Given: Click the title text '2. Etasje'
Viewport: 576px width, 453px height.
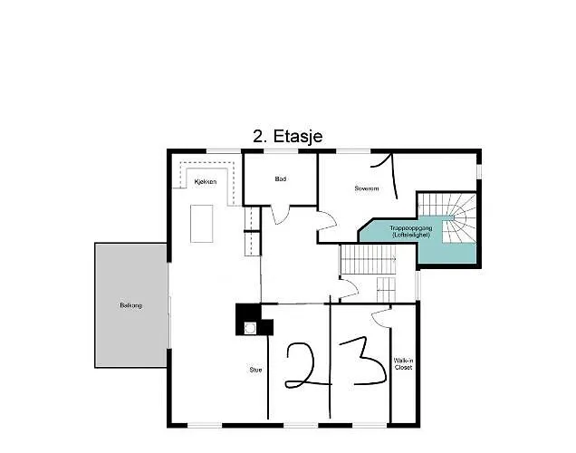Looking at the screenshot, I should [x=287, y=136].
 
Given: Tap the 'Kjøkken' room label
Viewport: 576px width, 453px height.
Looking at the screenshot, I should [x=206, y=182].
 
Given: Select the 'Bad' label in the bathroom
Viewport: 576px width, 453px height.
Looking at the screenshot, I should [x=281, y=179].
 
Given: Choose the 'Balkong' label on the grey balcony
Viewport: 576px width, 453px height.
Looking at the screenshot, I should [x=130, y=305].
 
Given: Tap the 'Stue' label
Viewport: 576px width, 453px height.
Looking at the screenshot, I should [x=255, y=370].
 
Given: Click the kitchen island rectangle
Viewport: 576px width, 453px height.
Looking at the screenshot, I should [x=201, y=223].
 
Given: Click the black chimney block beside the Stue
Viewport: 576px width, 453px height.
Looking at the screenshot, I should [x=246, y=317].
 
